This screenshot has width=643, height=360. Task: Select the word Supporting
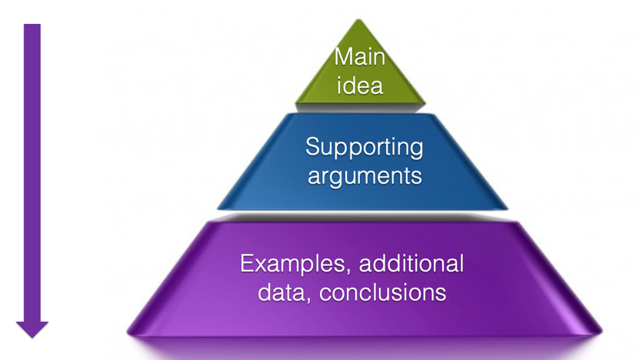[364, 146]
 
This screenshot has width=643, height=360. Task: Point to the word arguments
[364, 175]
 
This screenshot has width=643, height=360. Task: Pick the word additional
[411, 264]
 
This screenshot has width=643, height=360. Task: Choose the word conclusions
[390, 292]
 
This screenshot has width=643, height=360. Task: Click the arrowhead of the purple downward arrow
[32, 329]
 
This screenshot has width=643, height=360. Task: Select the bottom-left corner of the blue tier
[218, 208]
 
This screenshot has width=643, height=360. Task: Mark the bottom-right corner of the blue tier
[508, 208]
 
